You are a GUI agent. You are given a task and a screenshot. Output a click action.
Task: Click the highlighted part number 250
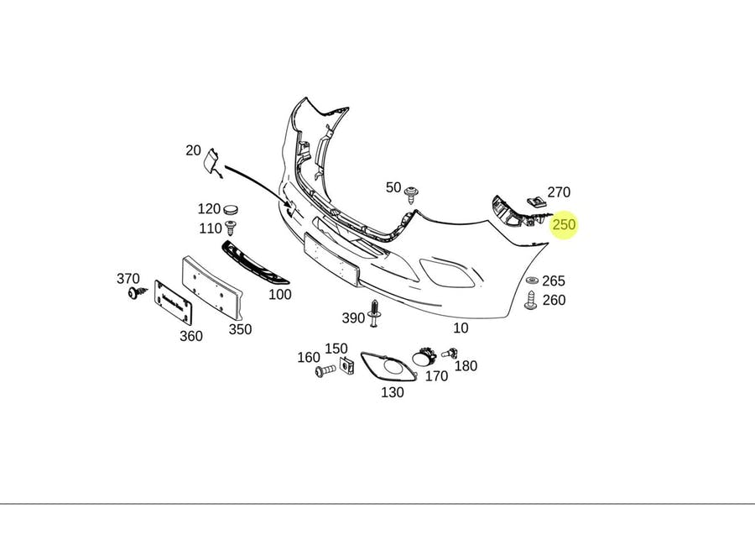564,225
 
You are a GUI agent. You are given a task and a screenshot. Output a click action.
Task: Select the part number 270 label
559,192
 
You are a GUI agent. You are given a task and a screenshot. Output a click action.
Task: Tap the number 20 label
193,150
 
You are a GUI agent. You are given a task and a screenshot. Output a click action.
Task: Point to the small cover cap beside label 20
212,161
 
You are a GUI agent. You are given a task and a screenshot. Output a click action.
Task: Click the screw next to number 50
411,195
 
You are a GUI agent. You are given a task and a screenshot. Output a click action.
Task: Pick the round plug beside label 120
232,208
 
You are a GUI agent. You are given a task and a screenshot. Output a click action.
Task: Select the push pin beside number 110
232,227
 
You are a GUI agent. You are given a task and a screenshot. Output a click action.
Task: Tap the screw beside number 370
135,293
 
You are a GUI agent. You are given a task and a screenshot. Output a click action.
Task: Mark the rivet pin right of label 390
374,314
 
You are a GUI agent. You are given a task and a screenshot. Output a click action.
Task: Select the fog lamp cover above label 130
388,367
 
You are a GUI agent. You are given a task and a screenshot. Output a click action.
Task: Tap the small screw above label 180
453,353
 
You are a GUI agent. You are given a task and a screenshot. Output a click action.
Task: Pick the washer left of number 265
531,281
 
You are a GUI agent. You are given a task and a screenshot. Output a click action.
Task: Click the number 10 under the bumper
461,328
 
